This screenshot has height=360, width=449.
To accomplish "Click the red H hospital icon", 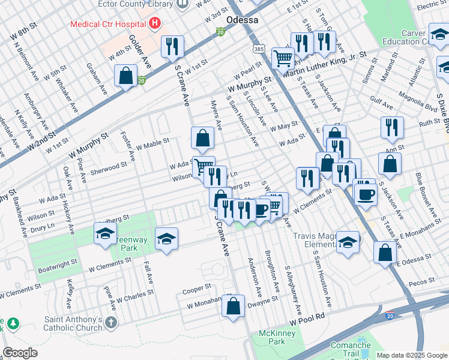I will tap(155, 24).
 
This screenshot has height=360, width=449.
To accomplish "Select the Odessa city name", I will tap(242, 20).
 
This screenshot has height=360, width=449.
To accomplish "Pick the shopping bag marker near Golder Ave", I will tap(126, 76).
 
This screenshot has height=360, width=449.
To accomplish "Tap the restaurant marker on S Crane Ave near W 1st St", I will tap(172, 46).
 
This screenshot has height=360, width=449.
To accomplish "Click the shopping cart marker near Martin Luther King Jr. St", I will tap(282, 58).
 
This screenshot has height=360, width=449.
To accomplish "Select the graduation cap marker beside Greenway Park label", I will tap(105, 234).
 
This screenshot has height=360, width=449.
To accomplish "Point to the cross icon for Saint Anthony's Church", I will tap(110, 323).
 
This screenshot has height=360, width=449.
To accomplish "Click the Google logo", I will tap(20, 353).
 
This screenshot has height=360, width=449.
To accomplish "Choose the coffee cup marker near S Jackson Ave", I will tap(366, 194).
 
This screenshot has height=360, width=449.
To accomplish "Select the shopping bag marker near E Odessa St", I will tap(385, 253).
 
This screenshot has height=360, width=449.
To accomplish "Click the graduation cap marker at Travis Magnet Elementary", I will tap(348, 242).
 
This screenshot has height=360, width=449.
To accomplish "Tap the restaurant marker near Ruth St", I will tap(391, 127).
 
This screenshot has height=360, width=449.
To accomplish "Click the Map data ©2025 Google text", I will tap(412, 355).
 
